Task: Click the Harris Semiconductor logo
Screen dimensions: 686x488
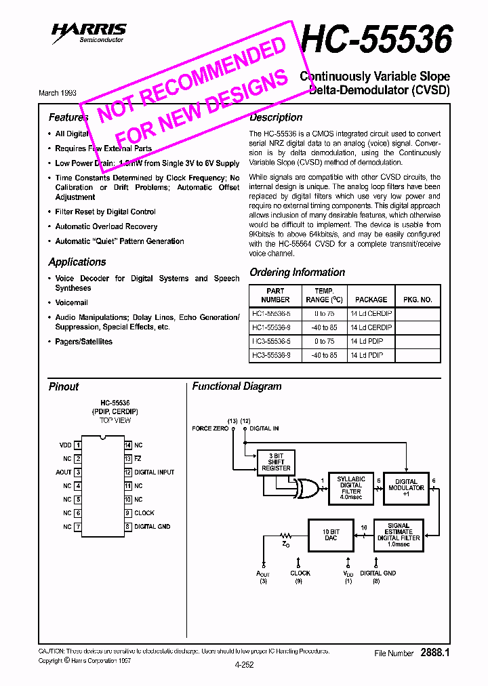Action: point(89,33)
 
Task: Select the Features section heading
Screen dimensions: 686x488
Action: point(68,117)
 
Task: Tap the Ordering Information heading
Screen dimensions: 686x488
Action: point(297,273)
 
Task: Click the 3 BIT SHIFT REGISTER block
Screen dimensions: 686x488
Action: point(276,462)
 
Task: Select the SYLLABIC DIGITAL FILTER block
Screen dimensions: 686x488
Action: point(350,487)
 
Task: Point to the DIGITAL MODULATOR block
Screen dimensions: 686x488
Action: point(407,487)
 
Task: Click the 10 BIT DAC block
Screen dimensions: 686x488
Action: point(331,533)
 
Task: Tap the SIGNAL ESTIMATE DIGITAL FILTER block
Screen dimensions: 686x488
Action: point(399,532)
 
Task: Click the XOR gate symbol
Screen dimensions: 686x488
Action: point(306,488)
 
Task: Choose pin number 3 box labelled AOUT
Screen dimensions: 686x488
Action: point(78,472)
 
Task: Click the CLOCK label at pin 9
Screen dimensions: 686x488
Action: point(144,513)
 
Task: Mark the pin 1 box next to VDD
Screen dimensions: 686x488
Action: point(78,445)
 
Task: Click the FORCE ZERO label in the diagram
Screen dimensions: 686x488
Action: point(210,428)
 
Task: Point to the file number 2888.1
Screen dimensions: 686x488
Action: point(435,653)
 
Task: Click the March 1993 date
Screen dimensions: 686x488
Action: point(58,93)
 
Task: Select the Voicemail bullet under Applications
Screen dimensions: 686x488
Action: point(71,302)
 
